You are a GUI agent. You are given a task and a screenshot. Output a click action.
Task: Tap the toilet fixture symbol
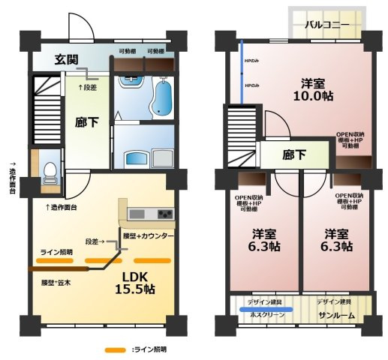50,172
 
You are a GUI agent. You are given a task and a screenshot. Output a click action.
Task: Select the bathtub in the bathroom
161,97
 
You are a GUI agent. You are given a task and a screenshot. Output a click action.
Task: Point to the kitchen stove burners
164,214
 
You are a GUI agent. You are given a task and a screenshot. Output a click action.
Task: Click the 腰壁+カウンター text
148,236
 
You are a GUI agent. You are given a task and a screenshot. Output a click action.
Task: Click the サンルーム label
336,316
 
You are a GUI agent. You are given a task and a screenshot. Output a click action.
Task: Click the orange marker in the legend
114,349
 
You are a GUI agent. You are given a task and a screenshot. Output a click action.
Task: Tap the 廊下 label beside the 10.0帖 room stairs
293,156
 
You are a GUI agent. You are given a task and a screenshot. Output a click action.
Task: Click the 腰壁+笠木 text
56,283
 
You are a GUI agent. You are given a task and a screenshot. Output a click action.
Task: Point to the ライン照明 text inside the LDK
56,252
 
